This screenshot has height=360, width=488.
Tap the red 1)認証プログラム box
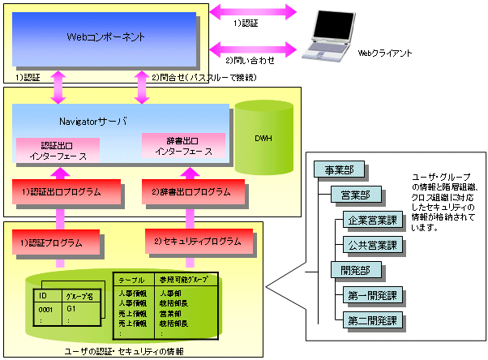(57, 241)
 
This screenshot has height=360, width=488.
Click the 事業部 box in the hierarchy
(339, 171)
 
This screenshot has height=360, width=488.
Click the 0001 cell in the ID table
(46, 309)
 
